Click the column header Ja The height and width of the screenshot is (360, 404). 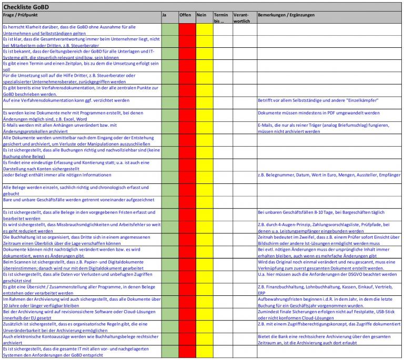[x=165, y=15]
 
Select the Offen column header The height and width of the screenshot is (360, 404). [x=185, y=15]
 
